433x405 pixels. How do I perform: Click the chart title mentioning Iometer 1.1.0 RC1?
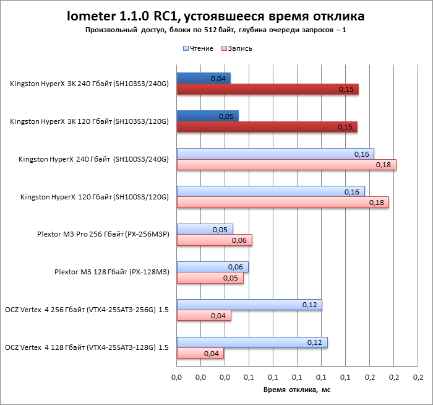pos(216,15)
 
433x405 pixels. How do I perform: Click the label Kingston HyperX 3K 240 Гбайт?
pos(89,84)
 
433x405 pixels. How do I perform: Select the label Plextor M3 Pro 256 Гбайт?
pos(103,235)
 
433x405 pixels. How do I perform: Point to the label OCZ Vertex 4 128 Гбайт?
pos(87,347)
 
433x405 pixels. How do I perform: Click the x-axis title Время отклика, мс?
pos(297,390)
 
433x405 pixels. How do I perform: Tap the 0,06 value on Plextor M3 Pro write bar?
pos(239,241)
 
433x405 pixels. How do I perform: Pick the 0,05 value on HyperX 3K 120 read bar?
pos(226,116)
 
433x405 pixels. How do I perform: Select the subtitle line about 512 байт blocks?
pos(216,30)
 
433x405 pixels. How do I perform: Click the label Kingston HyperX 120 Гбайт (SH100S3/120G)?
pos(94,197)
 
